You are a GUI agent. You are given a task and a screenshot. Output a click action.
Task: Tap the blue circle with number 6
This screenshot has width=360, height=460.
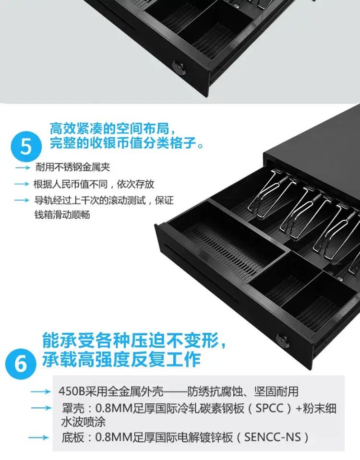(x=21, y=364)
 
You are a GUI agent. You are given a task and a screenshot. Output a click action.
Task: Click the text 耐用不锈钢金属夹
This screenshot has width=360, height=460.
(x=73, y=167)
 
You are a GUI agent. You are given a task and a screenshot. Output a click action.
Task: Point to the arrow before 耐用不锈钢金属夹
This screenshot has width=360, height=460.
(x=23, y=168)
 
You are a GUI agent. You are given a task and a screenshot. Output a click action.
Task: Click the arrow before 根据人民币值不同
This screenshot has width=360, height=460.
(x=22, y=184)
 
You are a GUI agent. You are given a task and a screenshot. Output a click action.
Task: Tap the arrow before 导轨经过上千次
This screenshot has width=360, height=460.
(x=22, y=201)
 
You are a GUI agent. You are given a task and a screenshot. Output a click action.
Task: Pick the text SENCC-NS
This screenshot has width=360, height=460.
(x=273, y=437)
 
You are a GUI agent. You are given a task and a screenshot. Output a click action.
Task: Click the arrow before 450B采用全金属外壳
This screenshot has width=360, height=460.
(x=40, y=392)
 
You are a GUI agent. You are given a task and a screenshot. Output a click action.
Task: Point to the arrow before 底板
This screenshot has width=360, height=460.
(x=38, y=438)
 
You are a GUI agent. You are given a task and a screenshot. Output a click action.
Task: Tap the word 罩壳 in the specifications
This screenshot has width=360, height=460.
(x=73, y=408)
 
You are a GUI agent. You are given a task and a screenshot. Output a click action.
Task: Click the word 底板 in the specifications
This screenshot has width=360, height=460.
(x=73, y=437)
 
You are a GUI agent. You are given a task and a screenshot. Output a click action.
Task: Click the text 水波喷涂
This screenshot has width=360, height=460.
(x=84, y=423)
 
